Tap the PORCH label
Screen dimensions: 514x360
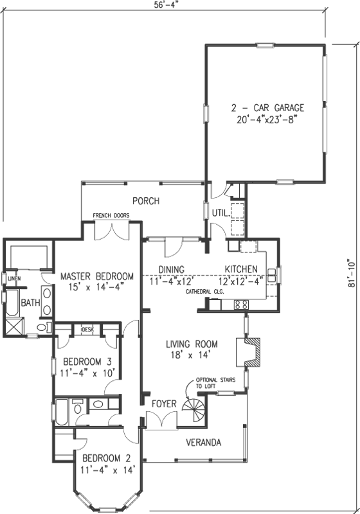145,201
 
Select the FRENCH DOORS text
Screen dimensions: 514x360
111,215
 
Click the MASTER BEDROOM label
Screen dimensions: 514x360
97,276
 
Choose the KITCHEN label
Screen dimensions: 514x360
241,269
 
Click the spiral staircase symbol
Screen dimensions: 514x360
192,409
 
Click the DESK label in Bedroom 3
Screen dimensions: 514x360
87,330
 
